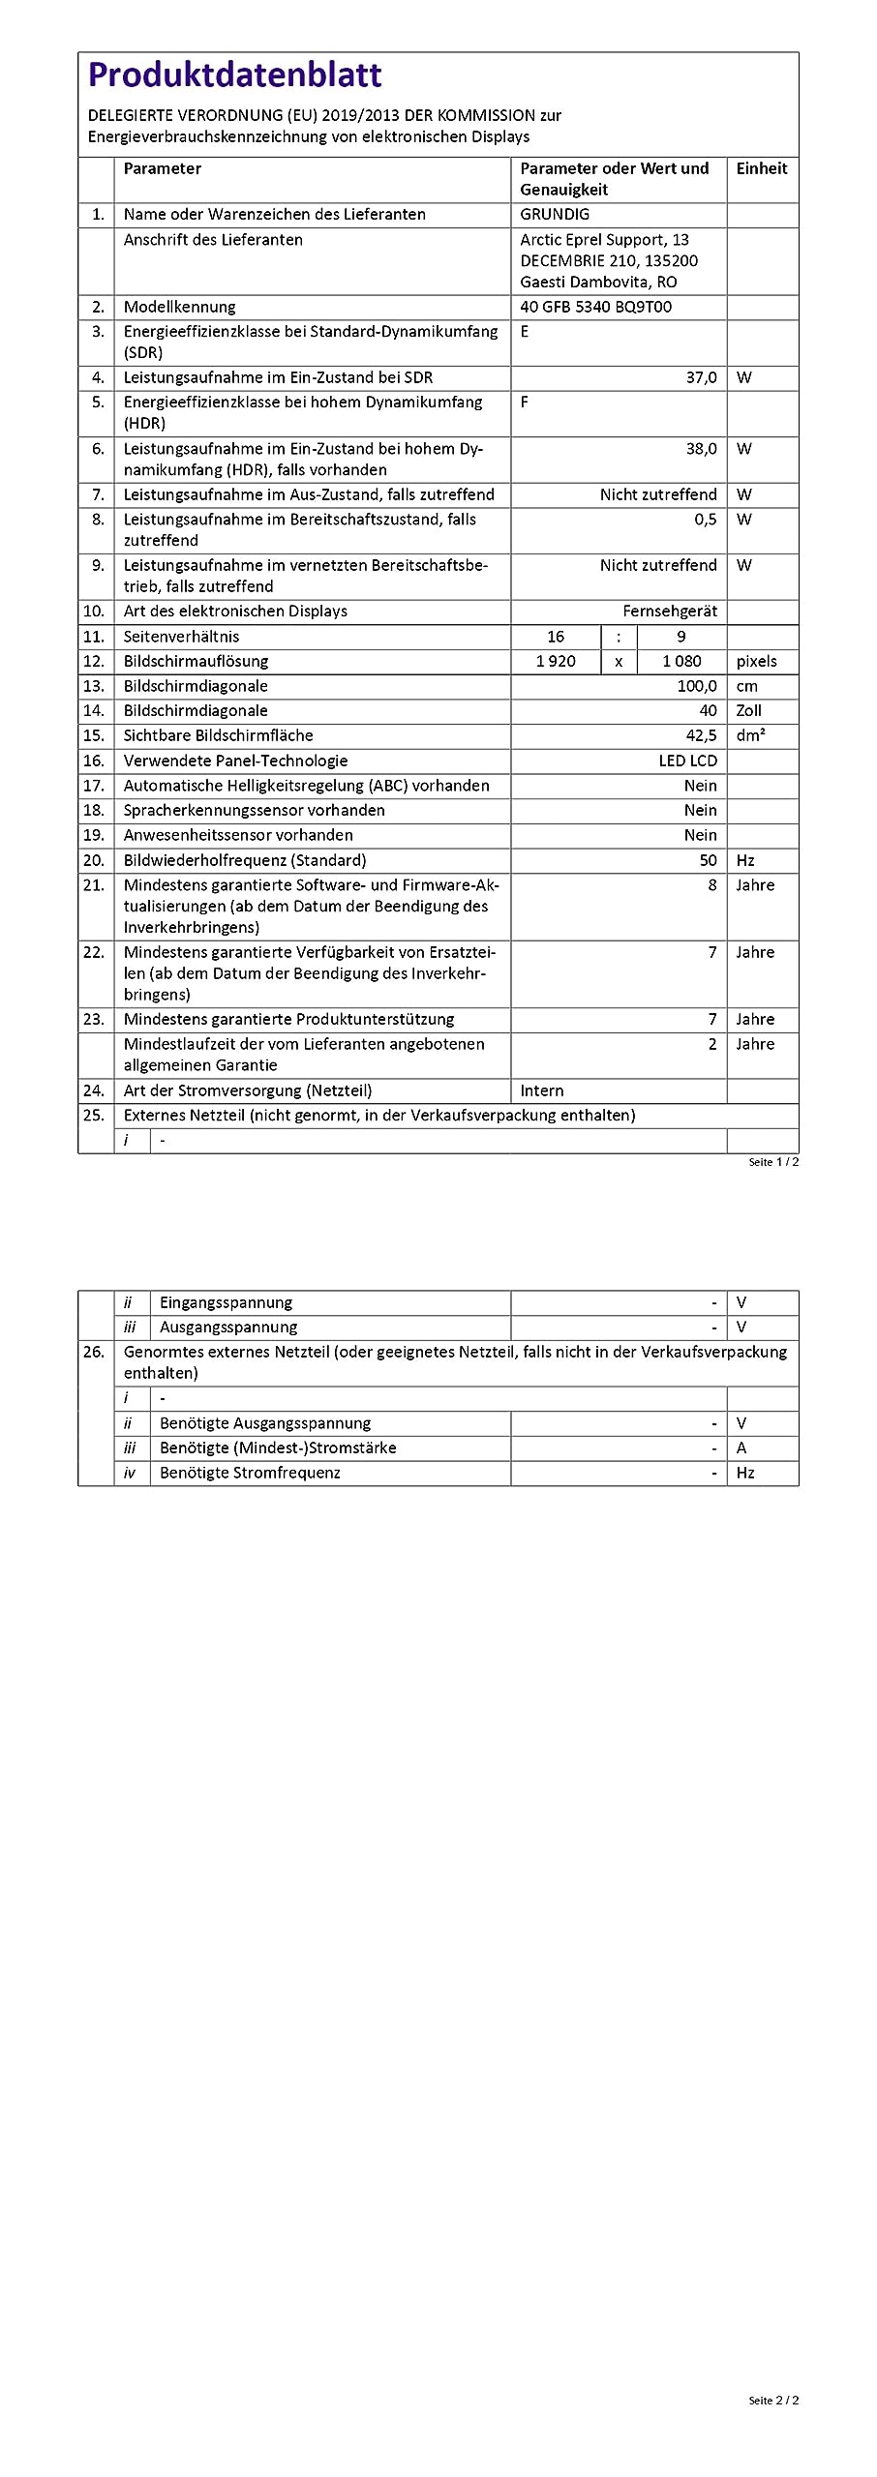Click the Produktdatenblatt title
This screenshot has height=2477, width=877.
click(234, 75)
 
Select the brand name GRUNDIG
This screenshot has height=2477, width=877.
click(555, 215)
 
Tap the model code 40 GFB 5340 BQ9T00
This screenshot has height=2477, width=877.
click(595, 307)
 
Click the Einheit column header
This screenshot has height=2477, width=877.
click(762, 168)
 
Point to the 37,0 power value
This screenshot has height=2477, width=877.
click(701, 377)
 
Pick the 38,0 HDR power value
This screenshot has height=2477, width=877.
click(701, 449)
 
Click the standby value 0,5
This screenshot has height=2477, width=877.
click(705, 520)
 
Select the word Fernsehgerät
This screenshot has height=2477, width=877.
click(670, 612)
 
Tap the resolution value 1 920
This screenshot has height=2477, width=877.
click(556, 662)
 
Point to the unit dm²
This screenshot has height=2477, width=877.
click(750, 735)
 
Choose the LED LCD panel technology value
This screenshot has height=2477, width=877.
click(687, 761)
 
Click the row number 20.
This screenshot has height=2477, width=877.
click(94, 860)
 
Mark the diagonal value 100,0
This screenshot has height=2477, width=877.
click(697, 686)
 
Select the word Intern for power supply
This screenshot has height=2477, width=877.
click(542, 1090)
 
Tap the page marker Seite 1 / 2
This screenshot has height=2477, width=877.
click(773, 1162)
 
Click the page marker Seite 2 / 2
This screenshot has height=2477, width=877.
click(773, 2401)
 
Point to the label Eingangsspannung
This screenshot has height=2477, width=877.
click(226, 1303)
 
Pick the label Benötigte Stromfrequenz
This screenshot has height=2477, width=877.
click(250, 1473)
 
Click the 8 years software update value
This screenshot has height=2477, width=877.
click(712, 885)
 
